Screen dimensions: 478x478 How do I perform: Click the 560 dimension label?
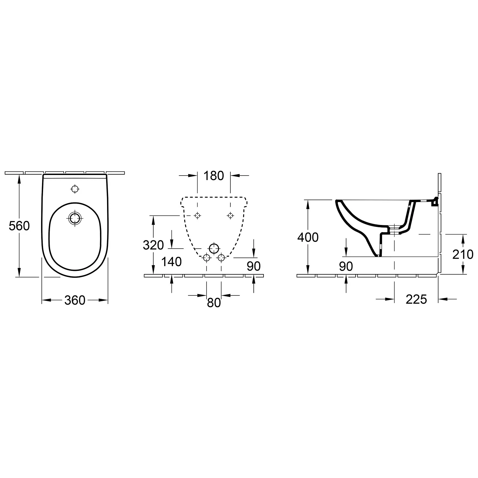19,226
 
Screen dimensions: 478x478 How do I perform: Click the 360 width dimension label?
75,300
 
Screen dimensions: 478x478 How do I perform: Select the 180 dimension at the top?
214,176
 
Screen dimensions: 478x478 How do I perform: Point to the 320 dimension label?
153,245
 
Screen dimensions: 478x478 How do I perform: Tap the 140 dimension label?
171,262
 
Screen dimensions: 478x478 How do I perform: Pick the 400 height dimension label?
308,237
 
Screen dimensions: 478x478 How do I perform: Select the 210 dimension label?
463,254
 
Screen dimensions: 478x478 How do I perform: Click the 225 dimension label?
416,299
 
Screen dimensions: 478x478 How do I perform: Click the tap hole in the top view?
75,189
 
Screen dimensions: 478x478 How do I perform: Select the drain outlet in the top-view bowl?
75,218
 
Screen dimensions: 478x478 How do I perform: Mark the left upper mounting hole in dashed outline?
198,216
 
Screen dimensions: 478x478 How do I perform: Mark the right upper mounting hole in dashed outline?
230,216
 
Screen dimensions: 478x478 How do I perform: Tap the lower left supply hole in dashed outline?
206,257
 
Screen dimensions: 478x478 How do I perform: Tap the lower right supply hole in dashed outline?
221,257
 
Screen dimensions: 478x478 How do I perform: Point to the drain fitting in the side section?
395,229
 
